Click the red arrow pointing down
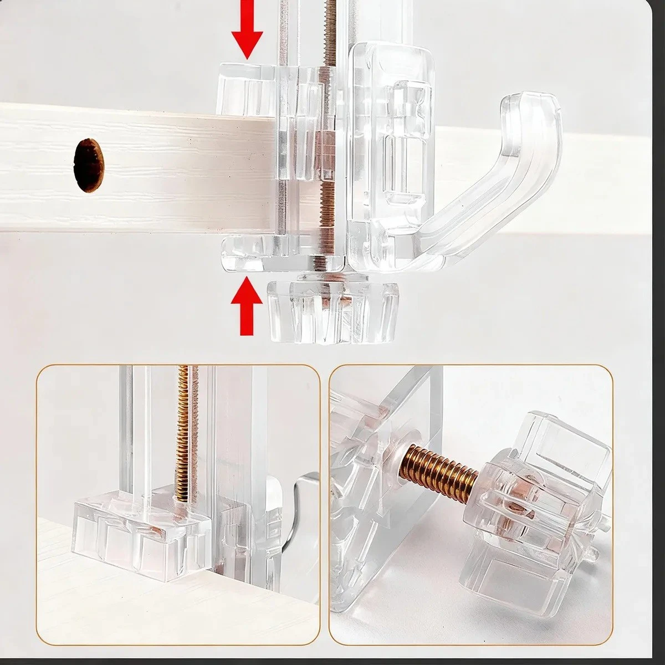point(247,30)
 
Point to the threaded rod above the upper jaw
point(330,28)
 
